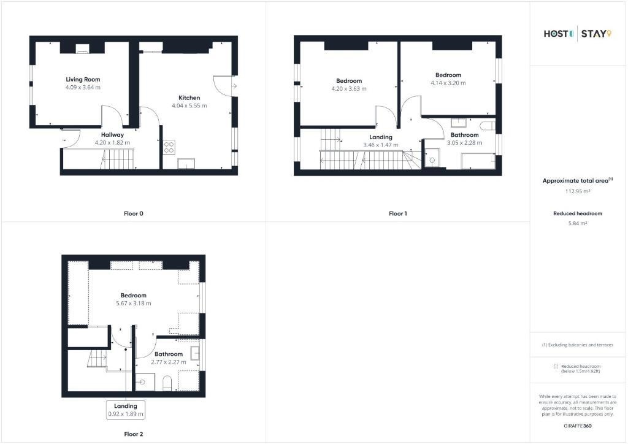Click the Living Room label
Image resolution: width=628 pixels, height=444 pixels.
click(83, 79)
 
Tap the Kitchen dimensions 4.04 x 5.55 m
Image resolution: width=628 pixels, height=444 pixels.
click(190, 105)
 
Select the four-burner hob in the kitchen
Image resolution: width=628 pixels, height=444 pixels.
click(169, 147)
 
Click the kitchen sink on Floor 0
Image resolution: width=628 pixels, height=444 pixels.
click(186, 164)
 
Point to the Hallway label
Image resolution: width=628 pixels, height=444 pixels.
click(112, 135)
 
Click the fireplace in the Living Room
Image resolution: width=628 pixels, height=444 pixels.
click(83, 49)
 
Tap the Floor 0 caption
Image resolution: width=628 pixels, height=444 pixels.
click(133, 213)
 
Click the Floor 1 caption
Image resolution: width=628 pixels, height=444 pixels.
click(397, 213)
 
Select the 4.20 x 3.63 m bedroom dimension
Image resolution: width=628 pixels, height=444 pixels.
click(349, 89)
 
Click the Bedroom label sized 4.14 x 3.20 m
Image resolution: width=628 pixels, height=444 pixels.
click(448, 75)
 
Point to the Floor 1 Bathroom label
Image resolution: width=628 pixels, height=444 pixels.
click(465, 135)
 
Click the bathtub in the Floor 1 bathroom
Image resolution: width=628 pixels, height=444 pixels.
click(478, 161)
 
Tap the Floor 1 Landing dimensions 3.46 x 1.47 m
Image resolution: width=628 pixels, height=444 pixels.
click(380, 145)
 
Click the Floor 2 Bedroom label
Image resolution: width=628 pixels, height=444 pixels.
click(133, 296)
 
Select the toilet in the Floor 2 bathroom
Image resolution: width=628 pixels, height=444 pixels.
click(167, 383)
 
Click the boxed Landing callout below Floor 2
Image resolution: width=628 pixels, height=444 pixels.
click(126, 410)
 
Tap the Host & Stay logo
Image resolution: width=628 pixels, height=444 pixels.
click(578, 34)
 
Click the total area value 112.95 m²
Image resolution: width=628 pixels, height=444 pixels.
click(578, 191)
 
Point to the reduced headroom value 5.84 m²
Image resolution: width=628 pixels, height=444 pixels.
click(578, 223)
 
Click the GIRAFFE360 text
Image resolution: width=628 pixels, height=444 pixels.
click(578, 426)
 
